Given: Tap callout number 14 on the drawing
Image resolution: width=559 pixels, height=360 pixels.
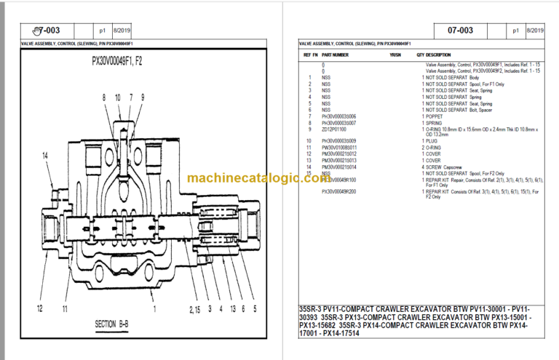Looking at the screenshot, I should point(45,156).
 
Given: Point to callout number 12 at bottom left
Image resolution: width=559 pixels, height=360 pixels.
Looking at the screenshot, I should point(40,308).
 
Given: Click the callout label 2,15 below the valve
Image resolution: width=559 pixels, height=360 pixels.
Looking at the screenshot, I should point(194,308).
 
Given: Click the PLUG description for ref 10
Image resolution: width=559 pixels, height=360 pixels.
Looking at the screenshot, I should point(433,140).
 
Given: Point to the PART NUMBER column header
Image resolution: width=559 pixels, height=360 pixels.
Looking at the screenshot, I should point(335,55).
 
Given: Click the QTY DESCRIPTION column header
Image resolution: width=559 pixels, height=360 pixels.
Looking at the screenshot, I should point(433,55).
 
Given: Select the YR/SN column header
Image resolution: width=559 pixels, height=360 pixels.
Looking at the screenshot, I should point(395,55).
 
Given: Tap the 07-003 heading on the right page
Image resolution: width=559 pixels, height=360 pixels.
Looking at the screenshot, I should point(460,31).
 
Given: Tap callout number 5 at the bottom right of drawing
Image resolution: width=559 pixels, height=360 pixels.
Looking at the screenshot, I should point(254,308).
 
